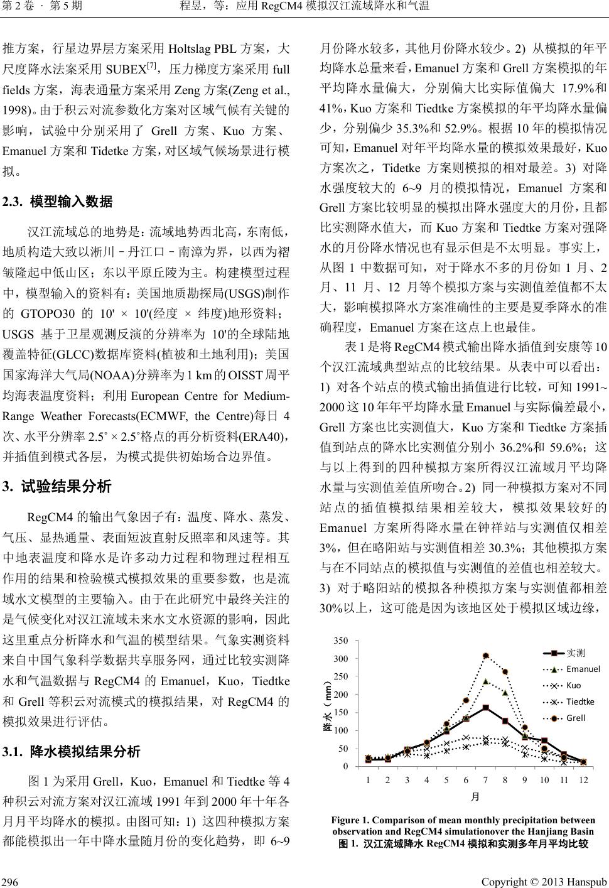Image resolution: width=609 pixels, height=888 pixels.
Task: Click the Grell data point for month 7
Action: pos(486,656)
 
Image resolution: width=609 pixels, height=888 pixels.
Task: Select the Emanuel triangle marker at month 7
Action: pos(486,681)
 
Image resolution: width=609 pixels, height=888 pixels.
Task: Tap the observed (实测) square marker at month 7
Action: pos(486,708)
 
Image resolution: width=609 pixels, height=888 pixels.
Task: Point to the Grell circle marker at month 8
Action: pos(505,672)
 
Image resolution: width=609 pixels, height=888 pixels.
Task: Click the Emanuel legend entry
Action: pos(583,669)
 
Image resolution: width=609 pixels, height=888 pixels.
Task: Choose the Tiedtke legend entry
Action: pos(580,701)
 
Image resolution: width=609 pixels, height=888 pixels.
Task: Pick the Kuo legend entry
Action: pos(573,685)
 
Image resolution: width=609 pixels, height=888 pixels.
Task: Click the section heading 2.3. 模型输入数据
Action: pos(58,202)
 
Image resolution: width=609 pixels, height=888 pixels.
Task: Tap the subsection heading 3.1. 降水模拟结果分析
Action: pos(72,752)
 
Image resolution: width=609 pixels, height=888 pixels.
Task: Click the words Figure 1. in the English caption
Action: pos(350,820)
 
